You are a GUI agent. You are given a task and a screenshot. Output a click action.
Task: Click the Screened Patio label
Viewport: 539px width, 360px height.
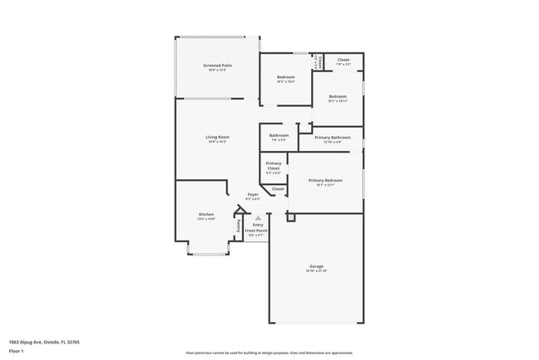click(x=217, y=65)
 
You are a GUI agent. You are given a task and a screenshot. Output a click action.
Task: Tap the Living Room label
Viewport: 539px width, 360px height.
click(x=217, y=137)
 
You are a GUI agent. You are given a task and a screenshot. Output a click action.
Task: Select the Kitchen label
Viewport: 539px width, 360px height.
click(x=206, y=214)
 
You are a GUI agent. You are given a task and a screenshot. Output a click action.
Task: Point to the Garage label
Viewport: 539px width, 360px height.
click(x=317, y=265)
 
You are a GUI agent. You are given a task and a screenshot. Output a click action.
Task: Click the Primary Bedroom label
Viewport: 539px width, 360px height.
click(x=325, y=180)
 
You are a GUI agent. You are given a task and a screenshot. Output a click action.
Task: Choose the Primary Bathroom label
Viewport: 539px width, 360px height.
click(x=330, y=137)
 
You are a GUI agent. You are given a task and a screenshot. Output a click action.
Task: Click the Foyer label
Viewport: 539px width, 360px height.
click(x=253, y=194)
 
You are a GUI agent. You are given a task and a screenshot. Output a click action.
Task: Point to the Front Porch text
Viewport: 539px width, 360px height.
click(x=257, y=230)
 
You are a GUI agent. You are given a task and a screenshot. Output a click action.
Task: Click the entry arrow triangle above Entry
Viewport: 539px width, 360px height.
click(x=257, y=218)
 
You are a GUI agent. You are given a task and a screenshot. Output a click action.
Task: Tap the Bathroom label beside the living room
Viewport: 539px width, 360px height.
click(x=279, y=135)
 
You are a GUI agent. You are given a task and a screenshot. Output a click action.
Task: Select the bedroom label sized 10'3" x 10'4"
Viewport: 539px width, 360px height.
click(x=285, y=81)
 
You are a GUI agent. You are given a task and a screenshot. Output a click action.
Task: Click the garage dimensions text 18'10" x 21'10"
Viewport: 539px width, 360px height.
click(x=317, y=271)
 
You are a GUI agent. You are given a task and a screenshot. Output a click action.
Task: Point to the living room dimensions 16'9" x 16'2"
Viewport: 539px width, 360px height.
click(x=217, y=142)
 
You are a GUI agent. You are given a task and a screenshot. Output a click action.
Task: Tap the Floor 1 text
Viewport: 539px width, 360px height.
click(x=17, y=351)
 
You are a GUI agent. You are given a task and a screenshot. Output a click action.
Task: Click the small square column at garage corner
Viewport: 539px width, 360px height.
click(x=290, y=217)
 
